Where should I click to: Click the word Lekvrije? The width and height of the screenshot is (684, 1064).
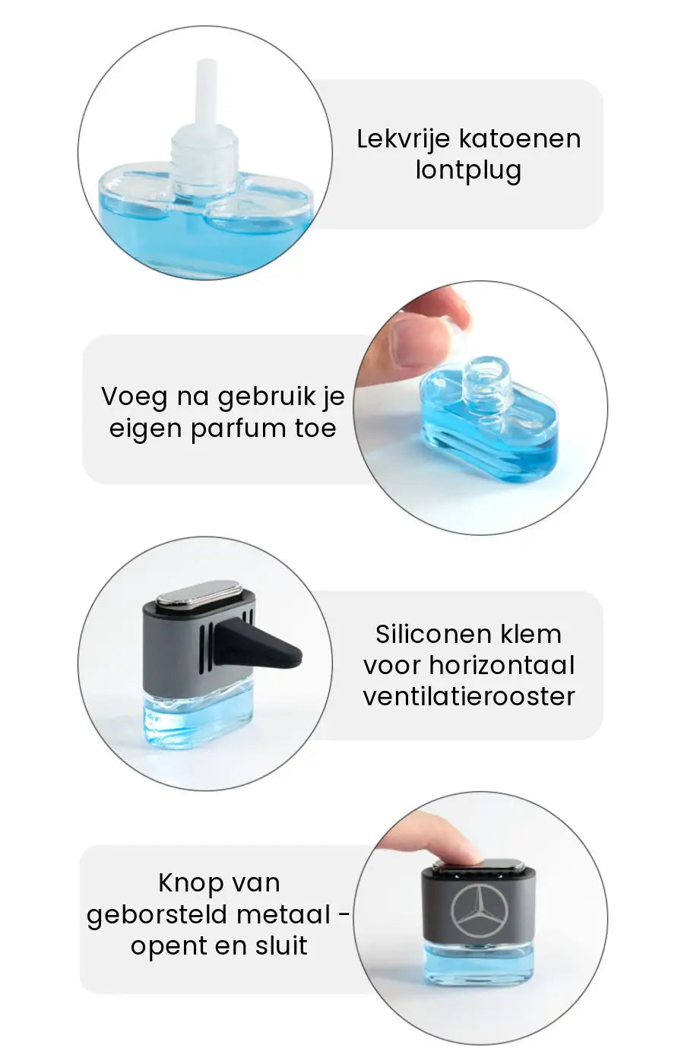[x=403, y=140]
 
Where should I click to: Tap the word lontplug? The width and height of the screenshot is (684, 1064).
[x=468, y=171]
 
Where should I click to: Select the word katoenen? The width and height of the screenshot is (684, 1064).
[x=520, y=139]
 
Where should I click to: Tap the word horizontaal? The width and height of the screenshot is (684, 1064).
[x=502, y=665]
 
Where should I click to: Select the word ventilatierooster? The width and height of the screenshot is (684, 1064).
[x=469, y=697]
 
